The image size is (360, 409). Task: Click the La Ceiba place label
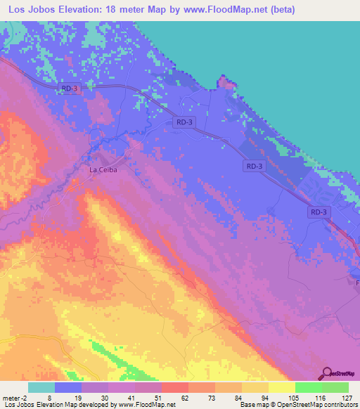(x=102, y=169)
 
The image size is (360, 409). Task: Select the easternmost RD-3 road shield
(x=319, y=212)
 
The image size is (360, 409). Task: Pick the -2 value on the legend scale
(x=25, y=397)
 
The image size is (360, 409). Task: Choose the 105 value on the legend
(x=268, y=397)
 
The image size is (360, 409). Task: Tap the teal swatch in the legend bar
(x=41, y=387)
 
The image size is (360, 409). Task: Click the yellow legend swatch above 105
(x=281, y=387)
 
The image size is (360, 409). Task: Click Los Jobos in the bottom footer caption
(x=17, y=405)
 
